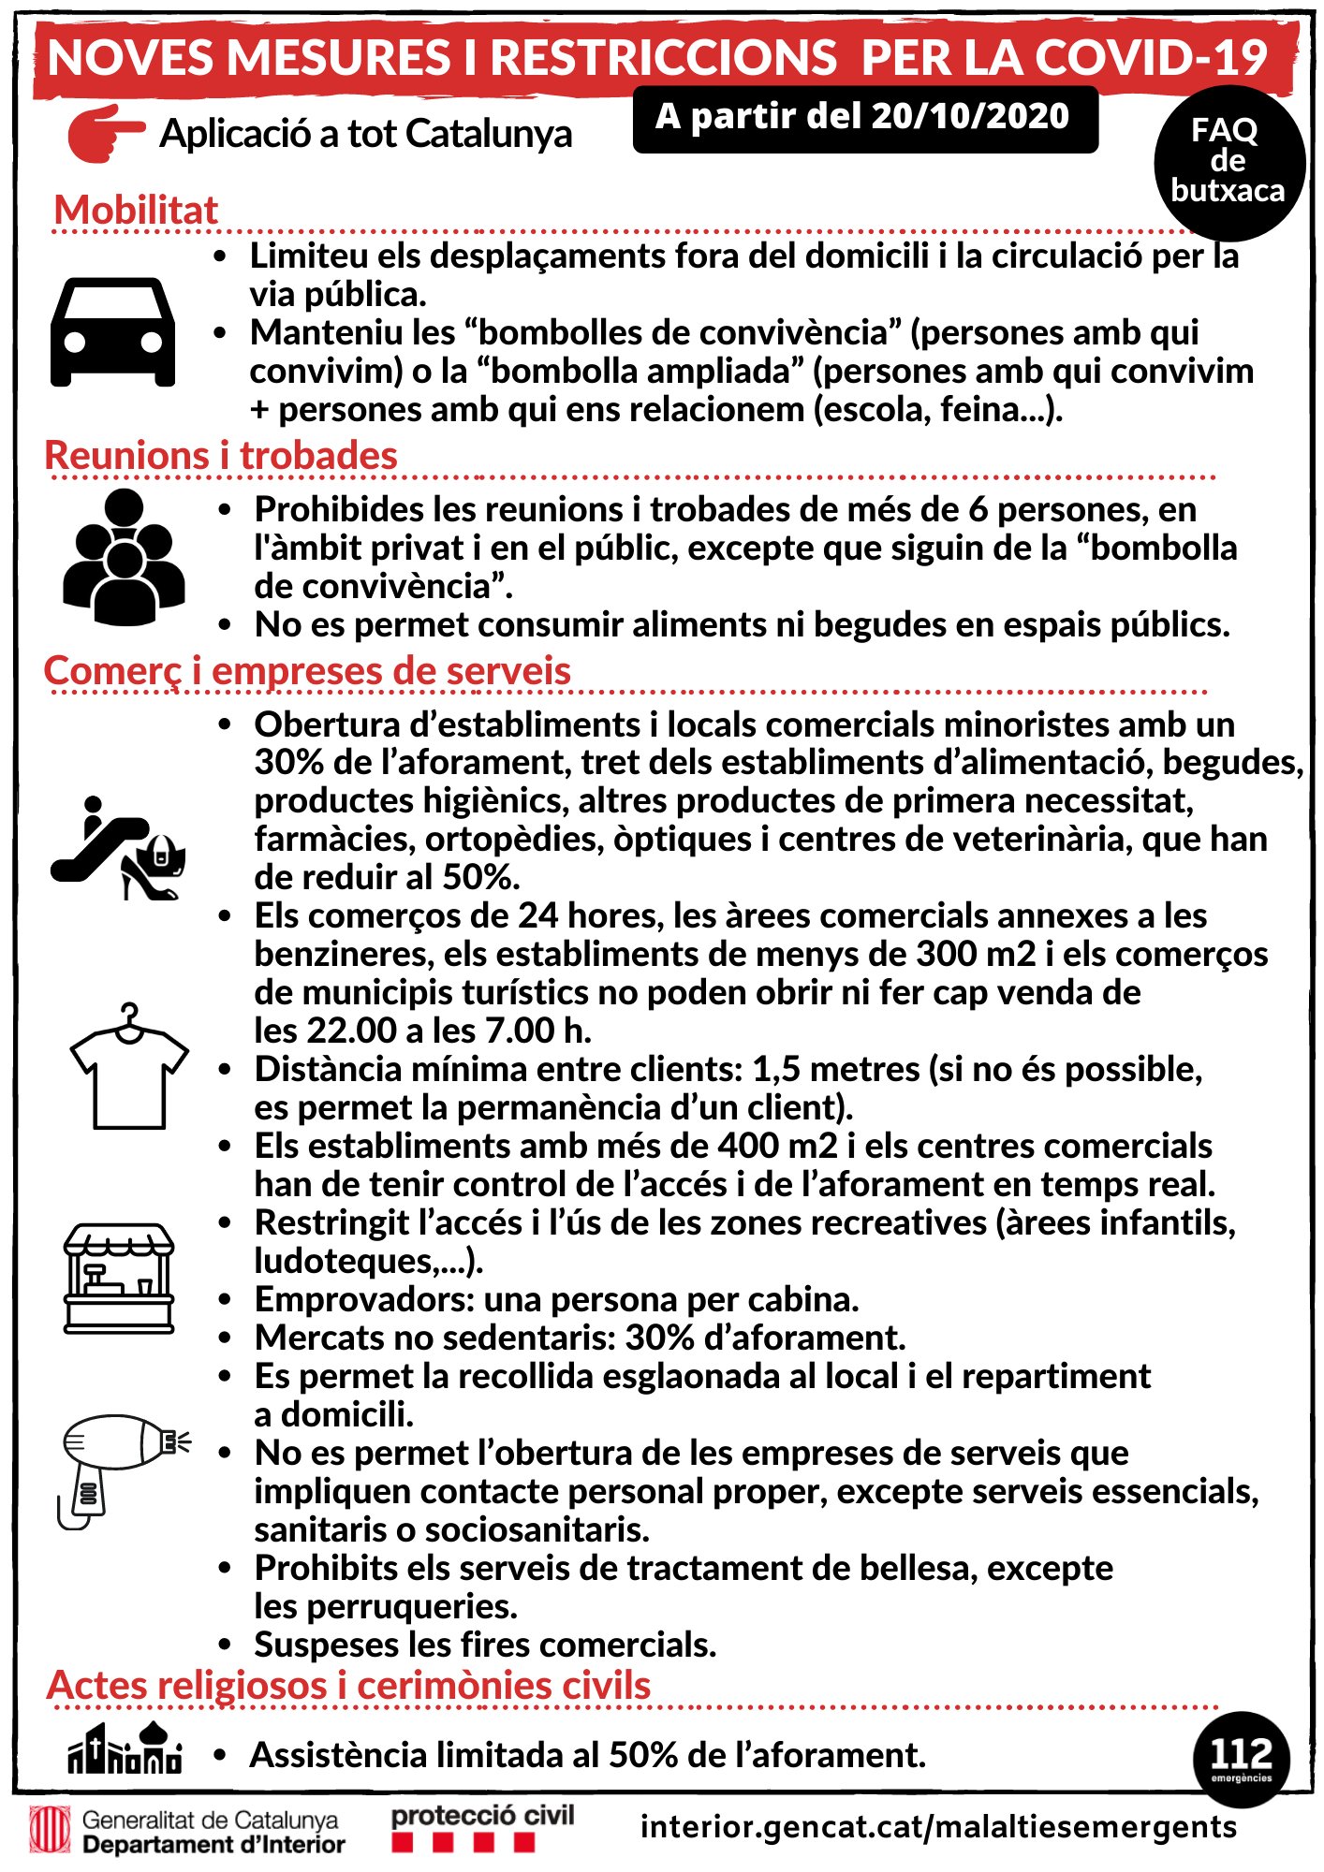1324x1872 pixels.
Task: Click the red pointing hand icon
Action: [x=105, y=133]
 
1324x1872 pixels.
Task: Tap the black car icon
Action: [x=112, y=332]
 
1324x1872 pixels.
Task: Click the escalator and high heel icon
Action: [x=118, y=848]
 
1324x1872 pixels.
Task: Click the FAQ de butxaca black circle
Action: [x=1228, y=161]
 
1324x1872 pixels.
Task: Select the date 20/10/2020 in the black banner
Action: [x=969, y=116]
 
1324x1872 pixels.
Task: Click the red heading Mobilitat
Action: [x=136, y=210]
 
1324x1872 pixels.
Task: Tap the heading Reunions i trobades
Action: [x=221, y=456]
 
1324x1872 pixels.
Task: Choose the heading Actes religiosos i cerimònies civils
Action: [x=348, y=1685]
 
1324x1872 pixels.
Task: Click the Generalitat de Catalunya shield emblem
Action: [x=50, y=1829]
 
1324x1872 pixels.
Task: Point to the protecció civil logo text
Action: [x=482, y=1816]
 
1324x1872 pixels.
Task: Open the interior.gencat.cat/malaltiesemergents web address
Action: [x=938, y=1826]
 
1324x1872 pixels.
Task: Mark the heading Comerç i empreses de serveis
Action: [x=307, y=671]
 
